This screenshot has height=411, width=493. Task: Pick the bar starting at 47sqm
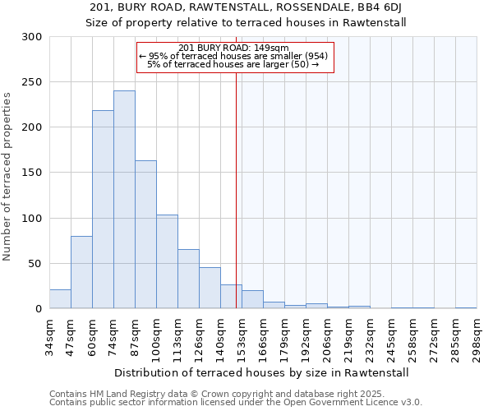[x=81, y=272]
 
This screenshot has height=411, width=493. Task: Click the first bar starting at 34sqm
[x=60, y=299]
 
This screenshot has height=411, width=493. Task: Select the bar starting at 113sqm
[x=188, y=279]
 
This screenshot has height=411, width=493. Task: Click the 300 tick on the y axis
[x=32, y=37]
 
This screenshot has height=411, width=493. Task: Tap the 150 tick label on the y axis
[x=32, y=173]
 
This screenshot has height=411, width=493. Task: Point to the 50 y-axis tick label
[x=35, y=264]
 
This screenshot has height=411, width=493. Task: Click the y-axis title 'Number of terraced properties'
[x=7, y=176]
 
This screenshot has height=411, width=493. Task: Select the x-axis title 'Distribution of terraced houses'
[x=261, y=372]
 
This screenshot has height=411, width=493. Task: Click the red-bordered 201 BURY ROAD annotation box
[x=235, y=56]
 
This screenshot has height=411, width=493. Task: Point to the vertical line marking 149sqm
[x=236, y=189]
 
